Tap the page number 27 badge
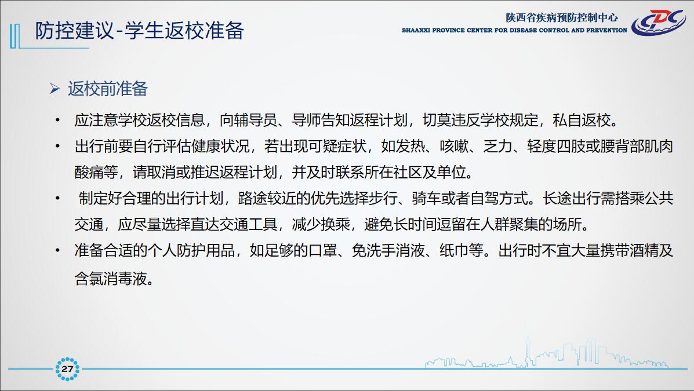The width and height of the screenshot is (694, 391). click(x=67, y=369)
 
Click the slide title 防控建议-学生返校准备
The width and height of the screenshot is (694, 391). click(x=139, y=31)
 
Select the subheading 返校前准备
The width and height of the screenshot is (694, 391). click(x=108, y=89)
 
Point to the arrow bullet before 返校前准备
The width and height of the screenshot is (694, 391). click(x=55, y=89)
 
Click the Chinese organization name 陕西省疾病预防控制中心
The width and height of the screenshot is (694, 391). click(x=562, y=17)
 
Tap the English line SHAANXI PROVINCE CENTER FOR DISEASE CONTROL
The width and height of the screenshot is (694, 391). click(x=514, y=31)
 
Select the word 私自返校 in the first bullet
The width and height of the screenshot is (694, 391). click(x=582, y=120)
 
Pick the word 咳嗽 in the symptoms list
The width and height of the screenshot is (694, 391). click(x=454, y=147)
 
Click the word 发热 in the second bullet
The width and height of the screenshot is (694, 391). click(x=410, y=147)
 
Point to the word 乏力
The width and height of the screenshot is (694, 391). click(x=498, y=147)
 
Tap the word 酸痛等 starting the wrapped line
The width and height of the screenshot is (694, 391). click(x=96, y=172)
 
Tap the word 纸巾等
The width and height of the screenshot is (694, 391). click(x=461, y=251)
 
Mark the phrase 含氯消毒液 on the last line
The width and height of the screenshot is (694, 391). click(x=111, y=278)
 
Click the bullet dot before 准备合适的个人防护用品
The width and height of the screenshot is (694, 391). click(x=57, y=250)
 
